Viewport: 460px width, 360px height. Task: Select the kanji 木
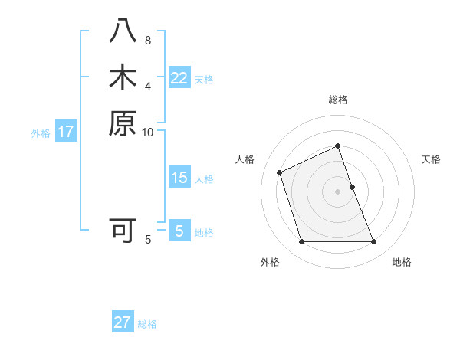point(123,78)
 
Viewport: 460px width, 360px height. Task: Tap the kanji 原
point(123,123)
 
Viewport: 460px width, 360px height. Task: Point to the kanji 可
point(123,231)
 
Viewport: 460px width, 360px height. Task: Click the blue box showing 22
point(179,78)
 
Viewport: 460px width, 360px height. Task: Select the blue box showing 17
point(66,132)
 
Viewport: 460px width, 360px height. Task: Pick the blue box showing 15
point(179,178)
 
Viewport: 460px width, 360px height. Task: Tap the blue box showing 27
point(123,322)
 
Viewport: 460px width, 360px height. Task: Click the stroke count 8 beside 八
point(148,41)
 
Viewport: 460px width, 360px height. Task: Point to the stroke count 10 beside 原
point(148,132)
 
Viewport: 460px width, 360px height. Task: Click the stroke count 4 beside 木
point(148,85)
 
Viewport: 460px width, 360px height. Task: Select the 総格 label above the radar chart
point(338,100)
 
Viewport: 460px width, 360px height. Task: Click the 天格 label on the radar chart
point(431,159)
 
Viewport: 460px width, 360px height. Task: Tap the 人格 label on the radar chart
point(245,159)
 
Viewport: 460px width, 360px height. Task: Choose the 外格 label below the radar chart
point(270,262)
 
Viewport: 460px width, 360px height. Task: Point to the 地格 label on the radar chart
point(402,262)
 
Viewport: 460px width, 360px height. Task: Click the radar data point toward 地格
point(374,242)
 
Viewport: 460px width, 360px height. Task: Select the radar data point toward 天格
point(352,187)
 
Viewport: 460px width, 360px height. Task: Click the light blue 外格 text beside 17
point(41,133)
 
